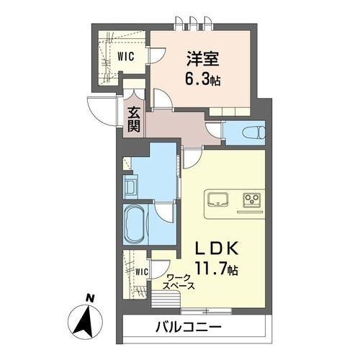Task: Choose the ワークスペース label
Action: tap(178, 282)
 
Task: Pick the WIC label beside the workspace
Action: tap(141, 271)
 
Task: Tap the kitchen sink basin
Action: tap(217, 198)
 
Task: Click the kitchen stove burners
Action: tap(253, 198)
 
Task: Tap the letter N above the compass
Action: tap(89, 297)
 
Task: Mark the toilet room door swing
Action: tap(214, 130)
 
